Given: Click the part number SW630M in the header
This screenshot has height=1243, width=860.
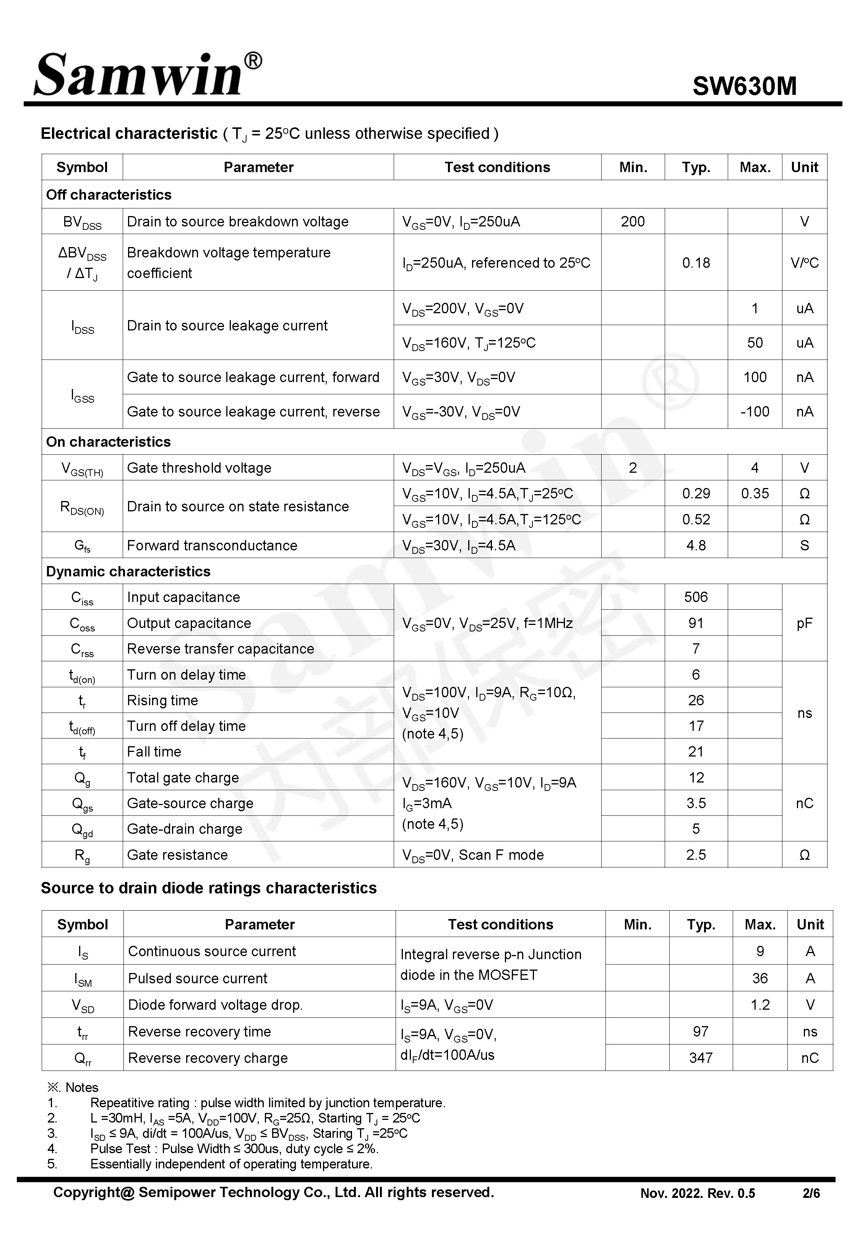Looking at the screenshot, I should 744,86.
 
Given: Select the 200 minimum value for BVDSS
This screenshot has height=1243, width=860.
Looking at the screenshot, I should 633,221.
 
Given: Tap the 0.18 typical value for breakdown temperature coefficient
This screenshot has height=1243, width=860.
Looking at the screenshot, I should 696,263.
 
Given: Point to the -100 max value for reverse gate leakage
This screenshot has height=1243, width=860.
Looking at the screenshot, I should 755,412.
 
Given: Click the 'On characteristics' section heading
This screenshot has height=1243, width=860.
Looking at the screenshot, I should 108,442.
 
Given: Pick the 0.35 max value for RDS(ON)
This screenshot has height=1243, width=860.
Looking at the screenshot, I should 755,494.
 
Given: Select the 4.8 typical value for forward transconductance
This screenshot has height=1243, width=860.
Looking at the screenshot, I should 696,545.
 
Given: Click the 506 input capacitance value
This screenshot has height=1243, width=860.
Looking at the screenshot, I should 696,597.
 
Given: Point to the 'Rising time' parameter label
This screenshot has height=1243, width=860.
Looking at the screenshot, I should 162,701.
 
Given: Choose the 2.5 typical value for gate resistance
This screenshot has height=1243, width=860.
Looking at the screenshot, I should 696,855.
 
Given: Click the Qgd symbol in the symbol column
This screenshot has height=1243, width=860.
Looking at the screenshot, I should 82,830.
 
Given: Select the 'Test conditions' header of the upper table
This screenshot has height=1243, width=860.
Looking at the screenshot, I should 497,168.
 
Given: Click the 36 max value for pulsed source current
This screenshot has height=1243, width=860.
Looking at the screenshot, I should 760,978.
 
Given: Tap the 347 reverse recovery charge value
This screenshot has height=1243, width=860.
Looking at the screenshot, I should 701,1058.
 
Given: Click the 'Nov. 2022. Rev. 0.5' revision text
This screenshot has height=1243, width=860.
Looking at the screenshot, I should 697,1193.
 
